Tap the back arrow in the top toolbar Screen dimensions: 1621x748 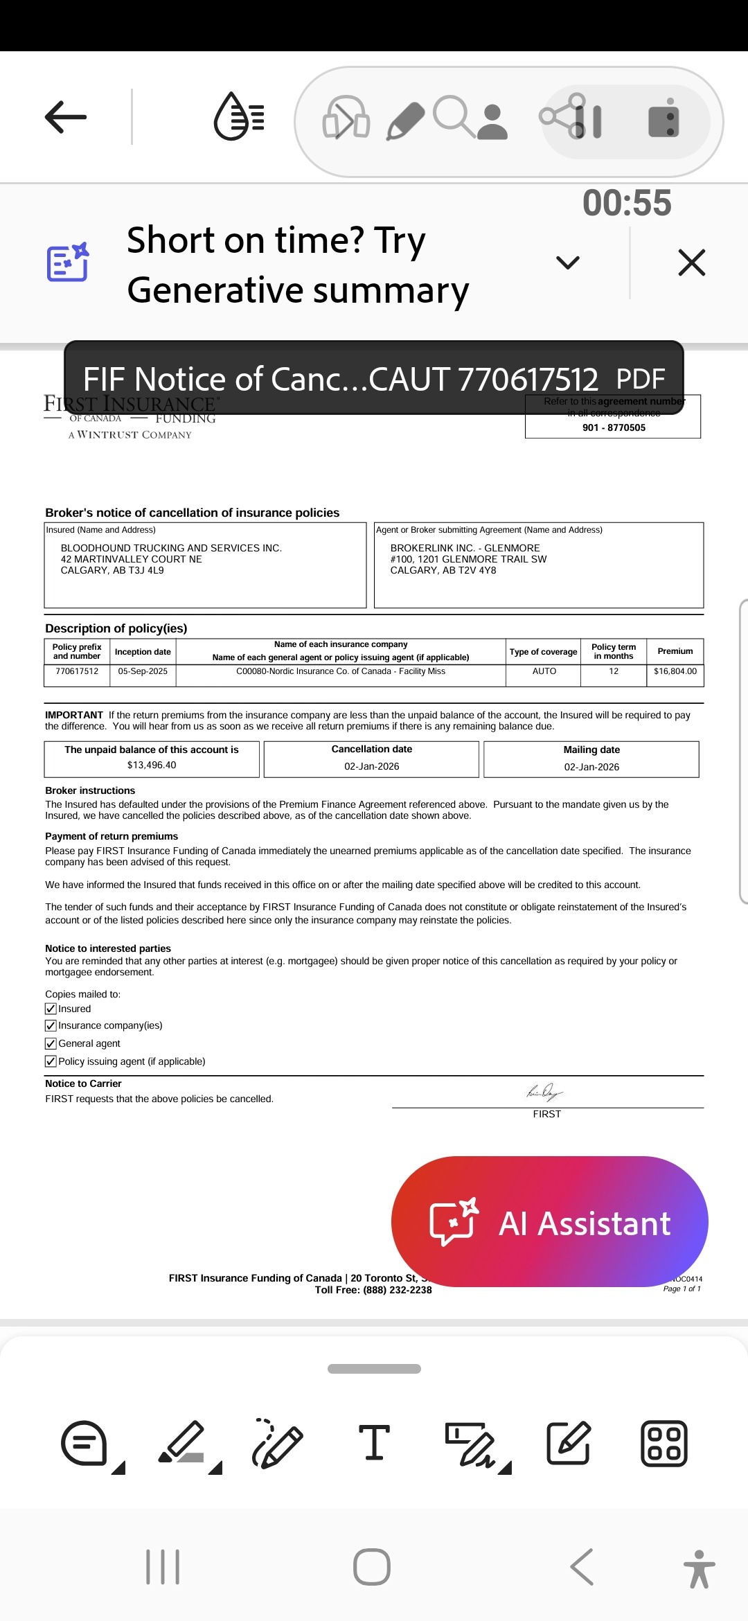point(66,116)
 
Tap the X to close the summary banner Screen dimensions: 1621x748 point(691,263)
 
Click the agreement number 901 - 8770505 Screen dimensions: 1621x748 point(614,427)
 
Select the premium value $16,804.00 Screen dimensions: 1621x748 point(675,671)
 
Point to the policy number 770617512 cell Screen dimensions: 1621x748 point(77,671)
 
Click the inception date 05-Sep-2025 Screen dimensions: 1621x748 point(143,671)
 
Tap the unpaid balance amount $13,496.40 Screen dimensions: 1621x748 point(152,765)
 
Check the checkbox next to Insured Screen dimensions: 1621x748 point(51,1009)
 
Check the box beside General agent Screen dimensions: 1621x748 point(51,1043)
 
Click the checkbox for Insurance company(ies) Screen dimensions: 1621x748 point(51,1025)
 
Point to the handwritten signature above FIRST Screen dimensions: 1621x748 point(545,1093)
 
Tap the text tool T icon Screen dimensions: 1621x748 point(374,1444)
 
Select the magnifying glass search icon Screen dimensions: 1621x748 point(453,116)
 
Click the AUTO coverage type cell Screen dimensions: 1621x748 point(544,671)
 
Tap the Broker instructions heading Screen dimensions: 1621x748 point(90,790)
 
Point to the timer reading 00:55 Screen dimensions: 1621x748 point(627,203)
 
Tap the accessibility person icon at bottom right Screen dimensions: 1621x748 point(699,1568)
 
